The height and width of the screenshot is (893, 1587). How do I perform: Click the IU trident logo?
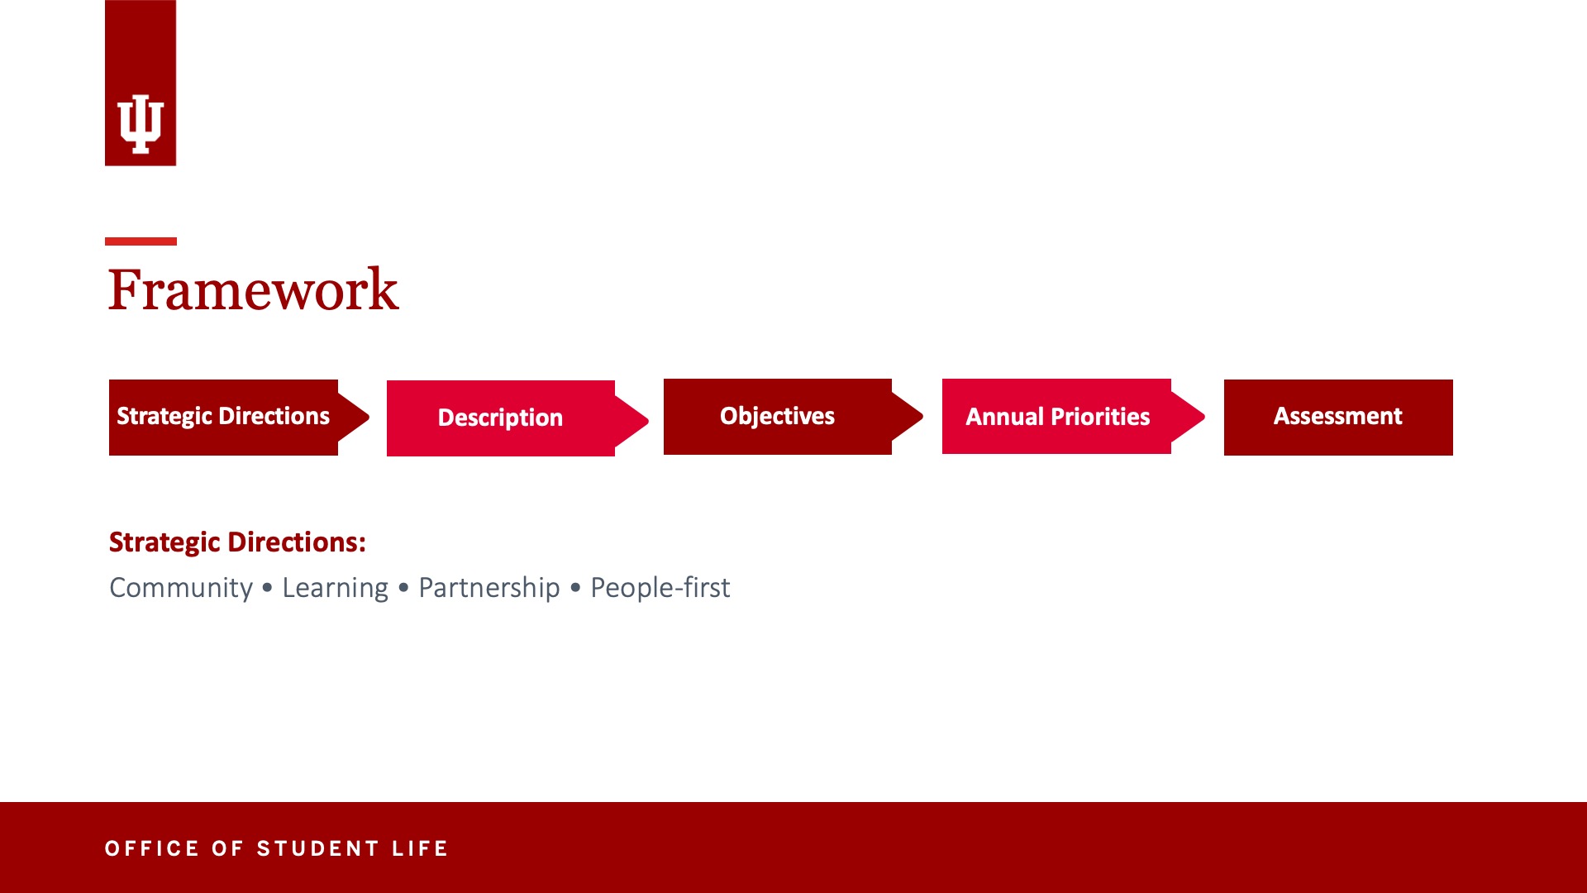(141, 124)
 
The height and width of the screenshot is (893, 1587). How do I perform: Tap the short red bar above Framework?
(141, 241)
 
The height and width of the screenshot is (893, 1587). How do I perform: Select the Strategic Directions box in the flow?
(223, 417)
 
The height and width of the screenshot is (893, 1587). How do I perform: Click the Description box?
(500, 418)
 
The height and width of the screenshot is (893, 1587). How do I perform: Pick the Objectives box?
(777, 416)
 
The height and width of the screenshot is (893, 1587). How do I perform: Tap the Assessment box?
(1338, 417)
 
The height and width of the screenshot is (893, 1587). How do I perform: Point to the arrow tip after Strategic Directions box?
(369, 417)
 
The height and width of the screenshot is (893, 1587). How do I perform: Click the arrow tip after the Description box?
(648, 420)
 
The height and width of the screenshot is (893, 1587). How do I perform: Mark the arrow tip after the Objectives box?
(922, 416)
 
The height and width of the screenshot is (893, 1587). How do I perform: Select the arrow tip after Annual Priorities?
(1203, 417)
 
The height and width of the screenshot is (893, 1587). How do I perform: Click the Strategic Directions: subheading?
(237, 542)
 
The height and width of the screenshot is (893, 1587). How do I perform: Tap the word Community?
(181, 588)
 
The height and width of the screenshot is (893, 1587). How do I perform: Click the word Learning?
(335, 588)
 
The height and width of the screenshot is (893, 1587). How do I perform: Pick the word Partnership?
(489, 588)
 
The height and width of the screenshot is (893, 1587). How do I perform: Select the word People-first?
(660, 588)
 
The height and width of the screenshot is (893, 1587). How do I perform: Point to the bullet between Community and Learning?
(267, 589)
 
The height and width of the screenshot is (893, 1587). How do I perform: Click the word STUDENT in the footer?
(317, 848)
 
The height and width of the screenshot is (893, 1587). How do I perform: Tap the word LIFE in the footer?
(420, 848)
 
